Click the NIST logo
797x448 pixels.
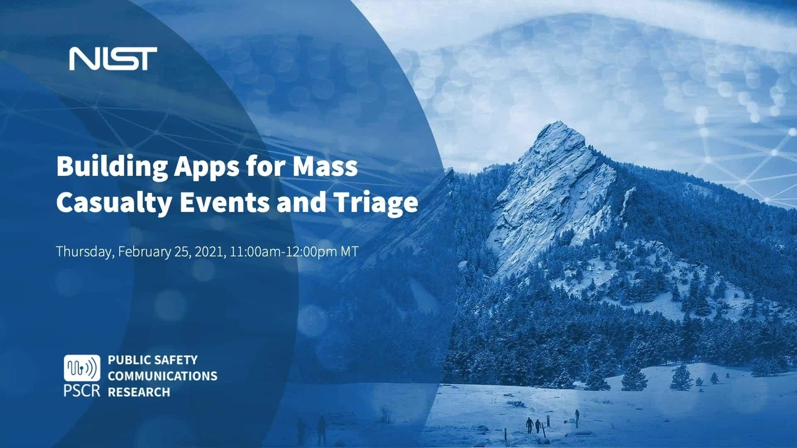pyautogui.click(x=113, y=58)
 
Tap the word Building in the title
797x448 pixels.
pyautogui.click(x=111, y=167)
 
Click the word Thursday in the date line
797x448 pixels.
pyautogui.click(x=85, y=252)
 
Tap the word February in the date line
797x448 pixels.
pyautogui.click(x=144, y=252)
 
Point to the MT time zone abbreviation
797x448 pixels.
pyautogui.click(x=350, y=251)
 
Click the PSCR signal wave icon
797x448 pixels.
pyautogui.click(x=82, y=368)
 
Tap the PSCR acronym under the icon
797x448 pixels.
pyautogui.click(x=82, y=391)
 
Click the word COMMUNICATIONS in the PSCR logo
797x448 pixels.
pyautogui.click(x=163, y=376)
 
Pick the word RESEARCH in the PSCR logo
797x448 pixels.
pyautogui.click(x=139, y=392)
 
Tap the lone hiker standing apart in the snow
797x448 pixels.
pyautogui.click(x=577, y=414)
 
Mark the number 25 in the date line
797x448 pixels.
pyautogui.click(x=184, y=252)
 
